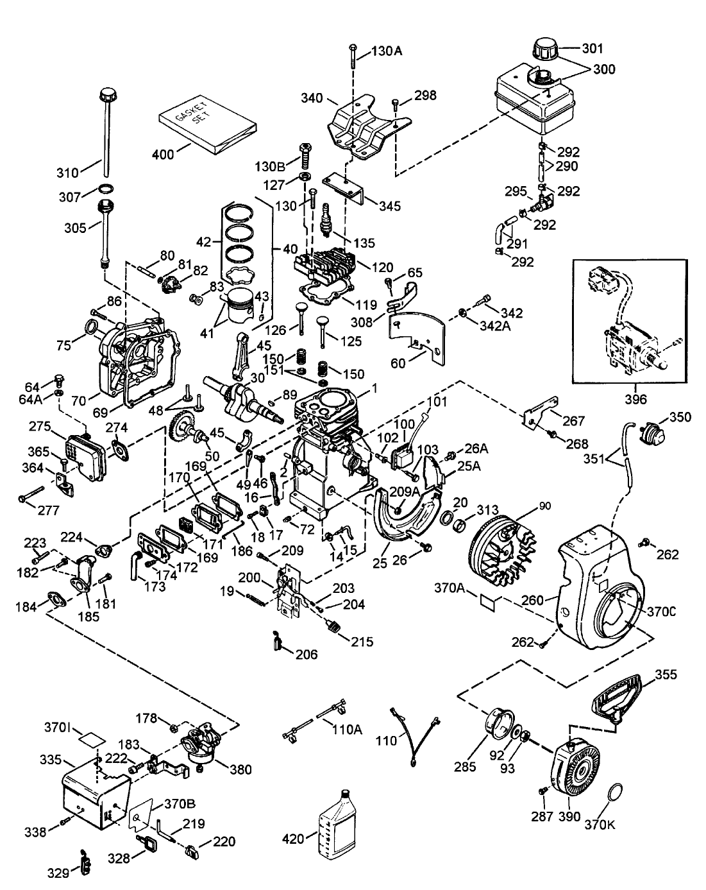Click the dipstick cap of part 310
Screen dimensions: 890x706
[x=105, y=96]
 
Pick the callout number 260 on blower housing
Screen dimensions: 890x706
[x=532, y=601]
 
